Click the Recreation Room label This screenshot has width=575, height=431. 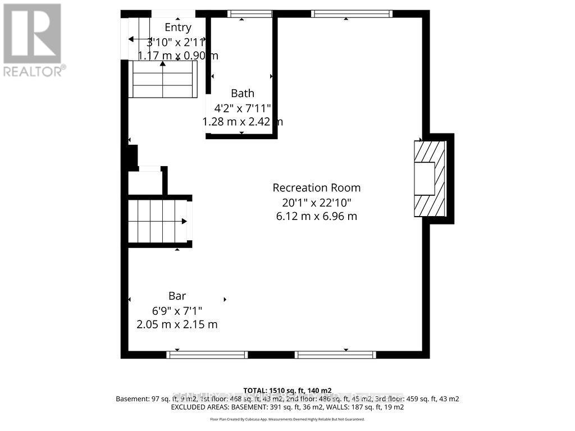(x=317, y=188)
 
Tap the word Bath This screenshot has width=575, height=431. (x=243, y=94)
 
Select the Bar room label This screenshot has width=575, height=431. (x=177, y=296)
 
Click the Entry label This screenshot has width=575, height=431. (x=177, y=27)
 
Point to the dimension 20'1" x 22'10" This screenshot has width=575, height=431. (x=317, y=203)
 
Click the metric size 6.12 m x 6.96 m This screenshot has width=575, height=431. (x=317, y=217)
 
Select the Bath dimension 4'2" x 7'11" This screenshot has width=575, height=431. (x=243, y=108)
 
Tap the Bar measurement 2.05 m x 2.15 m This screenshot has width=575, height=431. (x=177, y=324)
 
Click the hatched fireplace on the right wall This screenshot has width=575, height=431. (x=430, y=178)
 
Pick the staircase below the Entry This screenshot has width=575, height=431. (x=163, y=79)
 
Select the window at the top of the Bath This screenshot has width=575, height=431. (x=249, y=14)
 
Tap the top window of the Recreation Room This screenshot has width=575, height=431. (x=352, y=14)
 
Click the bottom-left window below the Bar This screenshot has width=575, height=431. (x=207, y=355)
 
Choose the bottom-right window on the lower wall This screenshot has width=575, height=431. (x=335, y=355)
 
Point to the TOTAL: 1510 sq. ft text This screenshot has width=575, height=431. (x=287, y=391)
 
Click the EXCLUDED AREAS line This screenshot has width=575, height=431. (x=287, y=407)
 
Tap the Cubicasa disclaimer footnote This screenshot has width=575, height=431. (x=287, y=419)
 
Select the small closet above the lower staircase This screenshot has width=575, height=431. (x=145, y=182)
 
